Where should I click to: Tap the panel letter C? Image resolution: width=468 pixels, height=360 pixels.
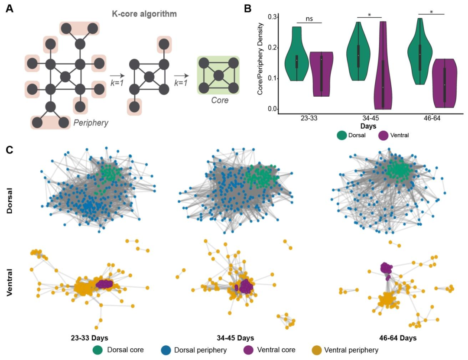point(10,150)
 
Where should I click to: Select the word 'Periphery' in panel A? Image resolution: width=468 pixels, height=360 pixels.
point(91,123)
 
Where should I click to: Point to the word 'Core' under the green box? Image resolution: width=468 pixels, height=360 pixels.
point(218,100)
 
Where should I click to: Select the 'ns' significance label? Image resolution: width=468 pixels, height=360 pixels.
point(309,19)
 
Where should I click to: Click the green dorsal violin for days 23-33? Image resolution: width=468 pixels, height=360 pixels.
point(297,56)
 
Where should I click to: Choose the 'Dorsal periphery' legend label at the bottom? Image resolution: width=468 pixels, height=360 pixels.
point(201,349)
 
